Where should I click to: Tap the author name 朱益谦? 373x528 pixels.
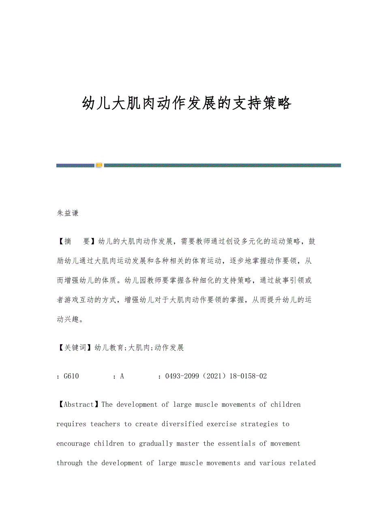click(x=68, y=213)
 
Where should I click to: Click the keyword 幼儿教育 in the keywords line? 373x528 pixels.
click(x=109, y=348)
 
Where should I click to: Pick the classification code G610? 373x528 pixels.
click(x=71, y=376)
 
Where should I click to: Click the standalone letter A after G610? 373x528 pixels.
click(x=122, y=376)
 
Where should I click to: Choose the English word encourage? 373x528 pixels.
click(x=73, y=444)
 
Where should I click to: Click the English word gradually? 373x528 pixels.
click(x=156, y=444)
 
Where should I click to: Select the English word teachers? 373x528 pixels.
click(x=105, y=424)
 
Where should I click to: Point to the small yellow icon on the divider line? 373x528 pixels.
click(x=99, y=165)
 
